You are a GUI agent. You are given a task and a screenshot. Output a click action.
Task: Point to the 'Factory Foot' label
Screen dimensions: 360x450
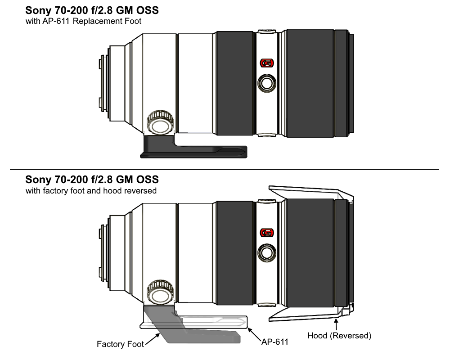[120, 344]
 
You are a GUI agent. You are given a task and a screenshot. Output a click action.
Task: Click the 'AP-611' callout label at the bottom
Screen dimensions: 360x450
[274, 342]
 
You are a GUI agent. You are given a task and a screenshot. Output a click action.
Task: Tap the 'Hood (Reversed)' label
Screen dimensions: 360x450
[339, 336]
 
